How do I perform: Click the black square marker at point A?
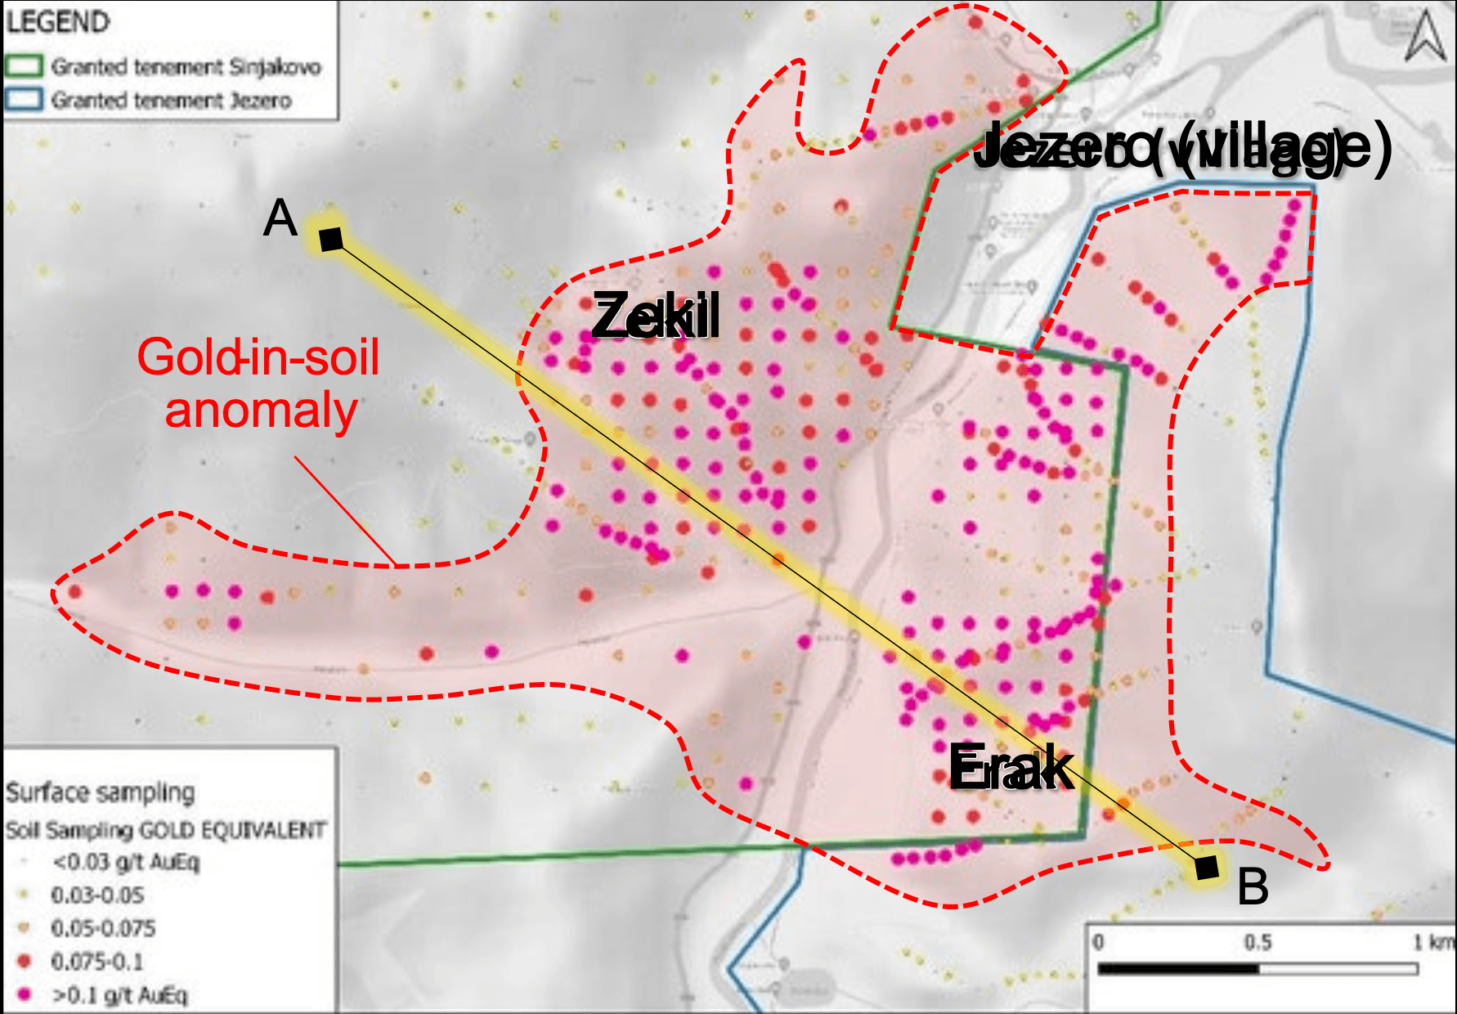click(331, 239)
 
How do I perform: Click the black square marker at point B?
click(1206, 868)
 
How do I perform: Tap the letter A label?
click(280, 218)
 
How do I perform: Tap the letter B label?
click(1253, 886)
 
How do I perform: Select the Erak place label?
click(1011, 768)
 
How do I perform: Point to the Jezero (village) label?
click(1182, 147)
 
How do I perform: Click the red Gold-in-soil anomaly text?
click(259, 384)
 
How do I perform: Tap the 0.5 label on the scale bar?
click(1258, 943)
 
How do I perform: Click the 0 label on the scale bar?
click(1099, 943)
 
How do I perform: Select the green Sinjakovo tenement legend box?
click(24, 66)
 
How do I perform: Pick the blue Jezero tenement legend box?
click(24, 100)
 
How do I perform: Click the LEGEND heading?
click(58, 22)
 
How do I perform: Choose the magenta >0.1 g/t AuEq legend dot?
click(25, 994)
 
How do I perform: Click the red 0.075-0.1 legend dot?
click(25, 961)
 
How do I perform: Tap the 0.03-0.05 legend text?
click(97, 895)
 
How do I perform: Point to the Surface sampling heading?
click(101, 792)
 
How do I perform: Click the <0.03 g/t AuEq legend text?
click(126, 862)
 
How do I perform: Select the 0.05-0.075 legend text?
click(103, 928)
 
